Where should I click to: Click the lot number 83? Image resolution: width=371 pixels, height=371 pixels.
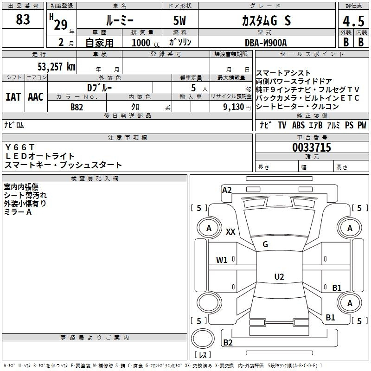click(x=23, y=20)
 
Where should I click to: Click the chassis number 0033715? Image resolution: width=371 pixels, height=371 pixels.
click(x=312, y=148)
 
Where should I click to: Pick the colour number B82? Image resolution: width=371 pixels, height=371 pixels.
click(x=77, y=107)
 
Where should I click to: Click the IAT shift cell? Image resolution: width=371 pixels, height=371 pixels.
click(x=13, y=97)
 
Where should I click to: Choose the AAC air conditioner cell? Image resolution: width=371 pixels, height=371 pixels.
click(x=35, y=97)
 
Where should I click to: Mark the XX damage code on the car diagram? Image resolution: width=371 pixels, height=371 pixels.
click(x=230, y=232)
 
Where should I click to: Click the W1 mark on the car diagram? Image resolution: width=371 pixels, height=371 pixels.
click(x=222, y=260)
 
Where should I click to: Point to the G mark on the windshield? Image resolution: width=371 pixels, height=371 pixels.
click(x=265, y=244)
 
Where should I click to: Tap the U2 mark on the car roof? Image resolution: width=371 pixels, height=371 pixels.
click(x=279, y=277)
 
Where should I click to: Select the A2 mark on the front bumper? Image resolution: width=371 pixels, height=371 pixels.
click(x=227, y=190)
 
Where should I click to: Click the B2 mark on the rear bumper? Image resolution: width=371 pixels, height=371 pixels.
click(x=228, y=343)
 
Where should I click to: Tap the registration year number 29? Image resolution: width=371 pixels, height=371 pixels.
click(x=60, y=25)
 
